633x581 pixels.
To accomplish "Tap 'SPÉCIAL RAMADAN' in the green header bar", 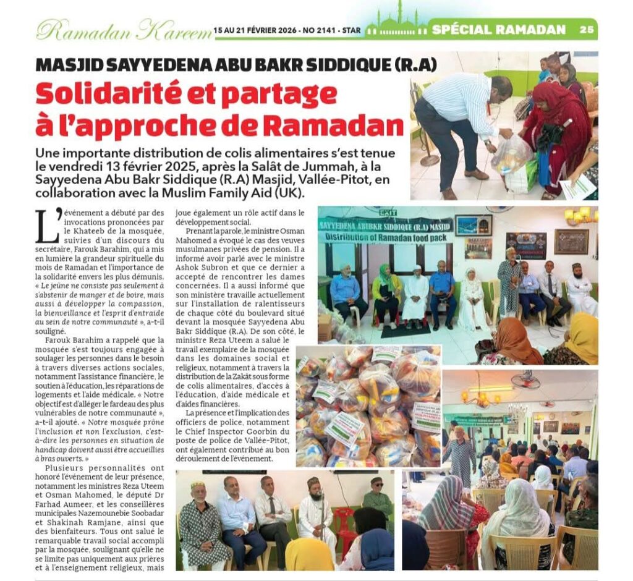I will tap(499, 29).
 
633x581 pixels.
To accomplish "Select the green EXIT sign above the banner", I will tap(388, 212).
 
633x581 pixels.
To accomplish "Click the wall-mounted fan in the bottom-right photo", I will tap(525, 380).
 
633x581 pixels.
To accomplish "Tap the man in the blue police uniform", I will tap(443, 291).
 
